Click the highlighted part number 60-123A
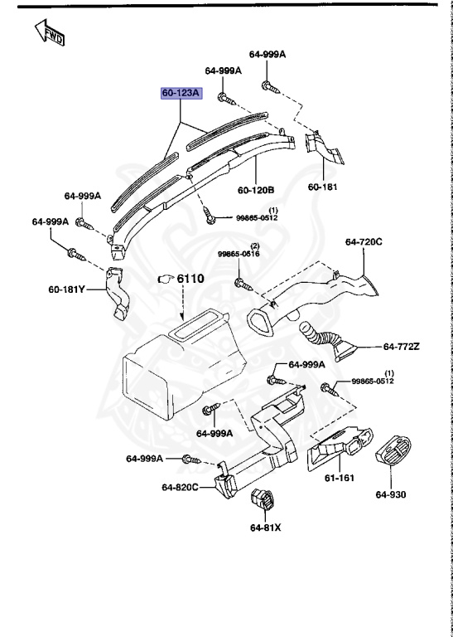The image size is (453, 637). [181, 94]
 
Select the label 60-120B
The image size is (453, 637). [256, 190]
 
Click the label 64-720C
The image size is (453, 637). [364, 242]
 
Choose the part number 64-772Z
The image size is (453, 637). [401, 346]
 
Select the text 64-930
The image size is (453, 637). [392, 495]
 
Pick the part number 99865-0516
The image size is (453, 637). [239, 254]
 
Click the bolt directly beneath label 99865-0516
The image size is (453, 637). [243, 284]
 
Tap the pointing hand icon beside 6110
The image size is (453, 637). [166, 280]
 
